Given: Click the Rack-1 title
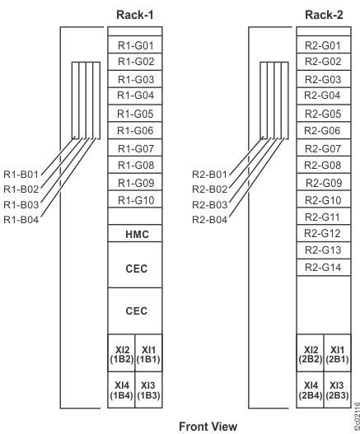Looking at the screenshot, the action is (135, 15).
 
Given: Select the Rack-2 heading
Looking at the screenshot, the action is (324, 15).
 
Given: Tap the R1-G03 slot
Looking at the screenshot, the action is (135, 79).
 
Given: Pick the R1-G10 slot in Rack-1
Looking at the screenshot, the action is (135, 199).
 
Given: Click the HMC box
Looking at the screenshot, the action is (135, 233).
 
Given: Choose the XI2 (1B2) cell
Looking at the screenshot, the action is (121, 353).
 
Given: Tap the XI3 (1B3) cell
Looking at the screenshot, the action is (149, 390).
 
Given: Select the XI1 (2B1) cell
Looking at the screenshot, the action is (337, 353).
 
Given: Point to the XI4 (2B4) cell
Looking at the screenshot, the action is (310, 390).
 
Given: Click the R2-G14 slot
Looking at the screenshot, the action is (324, 268).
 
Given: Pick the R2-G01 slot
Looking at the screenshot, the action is (324, 44).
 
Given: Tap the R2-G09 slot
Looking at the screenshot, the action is (324, 182).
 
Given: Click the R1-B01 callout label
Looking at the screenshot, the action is (21, 175).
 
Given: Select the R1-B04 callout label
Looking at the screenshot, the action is (21, 220).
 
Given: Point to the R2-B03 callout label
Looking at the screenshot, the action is (209, 205).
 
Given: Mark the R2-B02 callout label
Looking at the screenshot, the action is (209, 189).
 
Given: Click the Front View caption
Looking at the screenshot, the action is (208, 427).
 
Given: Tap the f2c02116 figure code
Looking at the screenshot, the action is (357, 418).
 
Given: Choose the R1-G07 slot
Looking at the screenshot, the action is (135, 148).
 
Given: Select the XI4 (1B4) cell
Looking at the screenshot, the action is (121, 390).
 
